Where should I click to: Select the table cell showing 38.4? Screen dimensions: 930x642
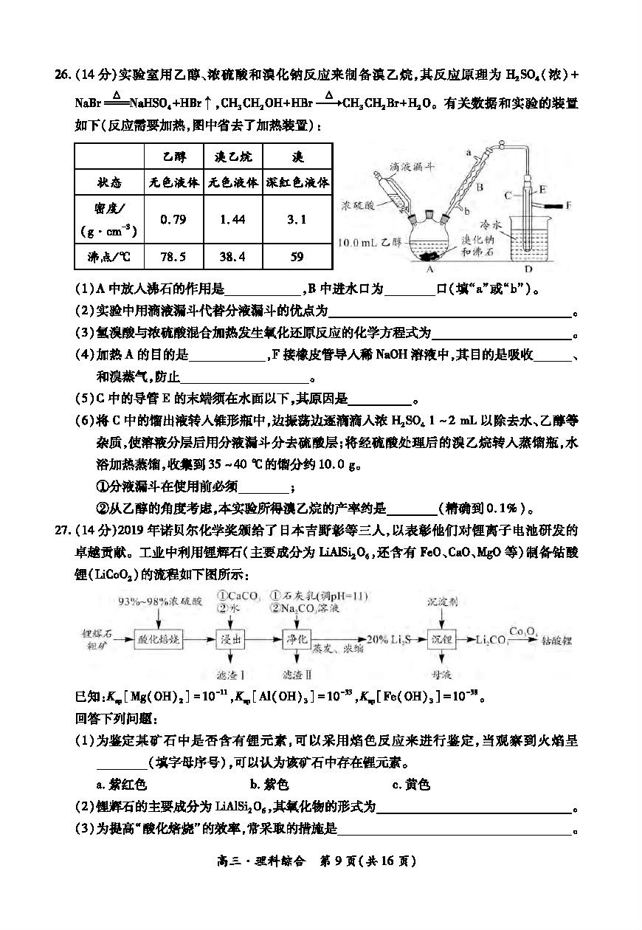coord(232,257)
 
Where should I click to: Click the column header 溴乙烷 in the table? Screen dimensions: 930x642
coord(232,156)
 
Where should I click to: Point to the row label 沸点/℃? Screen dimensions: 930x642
coord(108,257)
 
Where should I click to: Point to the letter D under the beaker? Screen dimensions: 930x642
coord(528,270)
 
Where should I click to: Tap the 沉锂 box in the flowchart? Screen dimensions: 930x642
coord(441,639)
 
